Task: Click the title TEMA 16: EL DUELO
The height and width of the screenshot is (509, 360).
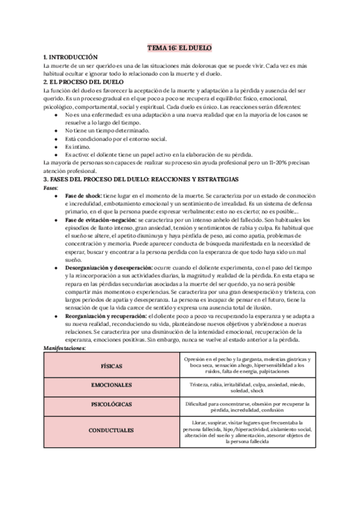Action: pyautogui.click(x=179, y=47)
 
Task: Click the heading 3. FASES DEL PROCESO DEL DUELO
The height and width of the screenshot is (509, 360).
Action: pyautogui.click(x=141, y=179)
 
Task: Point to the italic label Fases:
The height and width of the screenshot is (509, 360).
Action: pyautogui.click(x=51, y=187)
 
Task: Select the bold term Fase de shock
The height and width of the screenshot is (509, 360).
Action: pyautogui.click(x=83, y=196)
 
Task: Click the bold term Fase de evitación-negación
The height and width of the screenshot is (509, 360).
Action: pyautogui.click(x=104, y=220)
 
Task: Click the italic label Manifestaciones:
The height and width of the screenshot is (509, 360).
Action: pyautogui.click(x=65, y=348)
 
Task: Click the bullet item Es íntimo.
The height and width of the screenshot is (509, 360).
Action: pyautogui.click(x=77, y=146)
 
